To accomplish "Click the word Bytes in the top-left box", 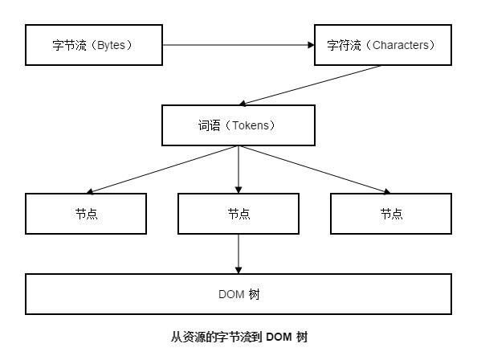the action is click(111, 45).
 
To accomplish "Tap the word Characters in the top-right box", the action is click(401, 45).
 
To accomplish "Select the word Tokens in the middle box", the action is click(251, 125).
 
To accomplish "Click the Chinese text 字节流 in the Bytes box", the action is click(69, 45).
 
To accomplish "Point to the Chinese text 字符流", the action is click(344, 45).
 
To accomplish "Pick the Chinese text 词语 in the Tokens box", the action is click(210, 125).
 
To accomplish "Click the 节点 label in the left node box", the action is click(87, 214).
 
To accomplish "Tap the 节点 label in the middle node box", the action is click(238, 214).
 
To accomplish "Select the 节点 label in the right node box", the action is click(392, 214).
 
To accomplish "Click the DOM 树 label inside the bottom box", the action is click(238, 294).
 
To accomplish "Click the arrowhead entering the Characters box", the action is click(312, 45).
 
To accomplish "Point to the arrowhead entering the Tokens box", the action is click(243, 104).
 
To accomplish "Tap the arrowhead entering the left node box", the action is click(90, 191).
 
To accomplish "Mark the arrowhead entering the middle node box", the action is click(238, 190).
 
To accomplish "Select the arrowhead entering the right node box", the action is click(387, 191).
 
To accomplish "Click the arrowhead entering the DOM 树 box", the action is click(238, 270).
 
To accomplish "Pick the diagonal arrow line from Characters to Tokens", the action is click(310, 85).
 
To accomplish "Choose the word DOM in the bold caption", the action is click(279, 337).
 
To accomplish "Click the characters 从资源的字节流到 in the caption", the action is click(216, 337).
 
